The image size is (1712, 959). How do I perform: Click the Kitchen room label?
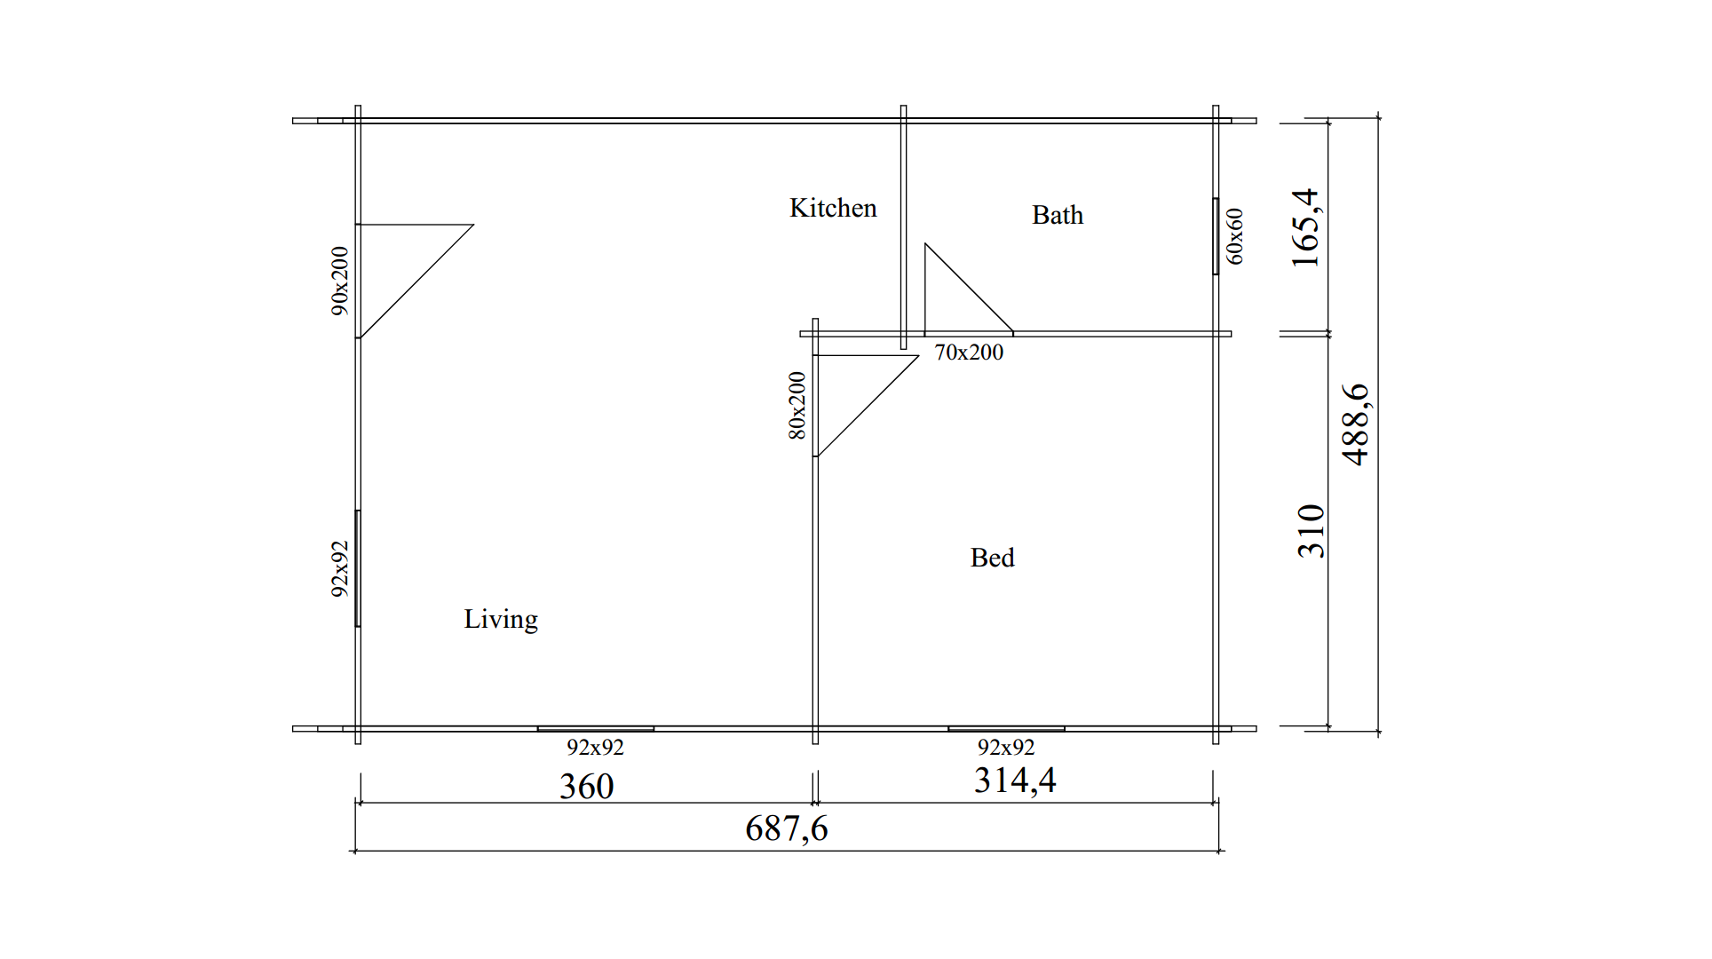(x=833, y=208)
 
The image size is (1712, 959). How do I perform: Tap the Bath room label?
(x=1058, y=215)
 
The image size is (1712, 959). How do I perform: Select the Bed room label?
(x=992, y=558)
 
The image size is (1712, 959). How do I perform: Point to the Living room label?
(x=501, y=620)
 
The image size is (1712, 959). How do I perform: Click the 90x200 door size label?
(x=340, y=281)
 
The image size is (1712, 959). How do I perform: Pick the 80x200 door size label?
(x=797, y=406)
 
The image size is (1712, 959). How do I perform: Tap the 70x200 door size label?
(x=969, y=353)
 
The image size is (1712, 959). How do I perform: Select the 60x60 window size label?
(x=1235, y=236)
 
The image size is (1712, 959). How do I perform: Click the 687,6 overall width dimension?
(x=787, y=829)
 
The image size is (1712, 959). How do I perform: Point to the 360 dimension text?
(x=587, y=787)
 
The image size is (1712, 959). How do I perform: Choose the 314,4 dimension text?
(x=1015, y=781)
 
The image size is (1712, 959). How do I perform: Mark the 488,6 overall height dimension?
(x=1356, y=424)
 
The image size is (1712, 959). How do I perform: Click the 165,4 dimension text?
(x=1305, y=228)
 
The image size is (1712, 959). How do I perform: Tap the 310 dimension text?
(x=1311, y=531)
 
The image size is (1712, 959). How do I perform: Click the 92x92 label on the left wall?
(x=340, y=569)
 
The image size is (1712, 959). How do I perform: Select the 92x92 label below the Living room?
(x=596, y=748)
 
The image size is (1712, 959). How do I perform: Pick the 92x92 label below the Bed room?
(x=1006, y=748)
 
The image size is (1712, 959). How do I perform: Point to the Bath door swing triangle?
(x=969, y=289)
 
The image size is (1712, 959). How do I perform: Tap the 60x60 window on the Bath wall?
(x=1216, y=236)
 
